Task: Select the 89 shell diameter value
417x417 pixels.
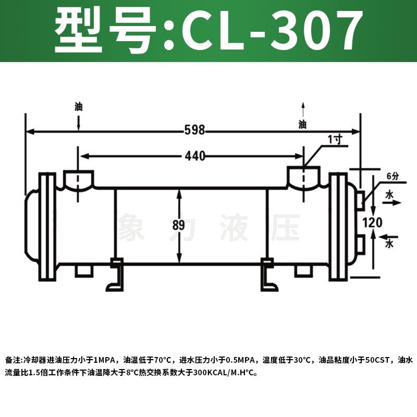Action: (178, 226)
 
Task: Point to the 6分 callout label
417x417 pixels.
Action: (392, 176)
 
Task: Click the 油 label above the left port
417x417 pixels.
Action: (78, 107)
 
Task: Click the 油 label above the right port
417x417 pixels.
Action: (302, 125)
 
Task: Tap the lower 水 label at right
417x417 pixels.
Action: (389, 243)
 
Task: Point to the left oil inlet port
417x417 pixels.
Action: (78, 179)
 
